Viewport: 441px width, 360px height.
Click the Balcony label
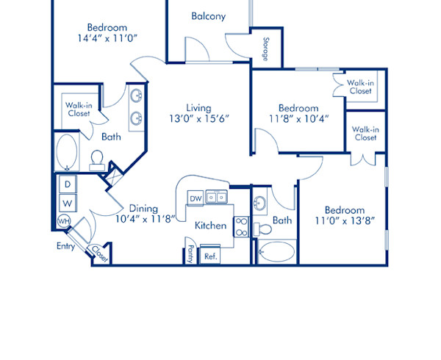pos(208,16)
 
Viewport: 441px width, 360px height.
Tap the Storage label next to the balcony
pos(265,48)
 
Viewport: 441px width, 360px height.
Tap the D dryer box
pos(67,184)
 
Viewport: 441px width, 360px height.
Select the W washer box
pos(67,202)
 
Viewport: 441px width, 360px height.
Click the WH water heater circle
pos(64,221)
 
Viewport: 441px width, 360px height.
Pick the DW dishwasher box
pos(196,198)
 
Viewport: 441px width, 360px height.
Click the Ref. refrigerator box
pos(210,256)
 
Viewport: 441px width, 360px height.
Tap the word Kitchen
pos(210,226)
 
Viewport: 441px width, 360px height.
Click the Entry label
pos(65,246)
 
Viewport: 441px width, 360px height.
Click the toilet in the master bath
pos(97,159)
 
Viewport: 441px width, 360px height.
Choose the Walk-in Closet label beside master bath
pos(78,109)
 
